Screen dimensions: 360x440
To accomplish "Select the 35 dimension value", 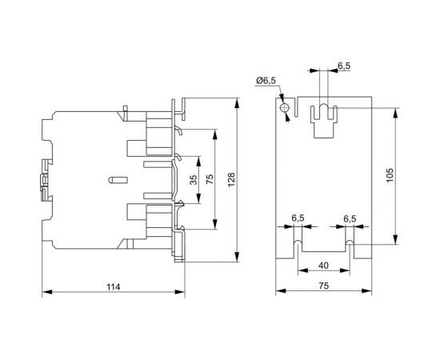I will [x=193, y=180].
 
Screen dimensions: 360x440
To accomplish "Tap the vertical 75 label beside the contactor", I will [x=210, y=180].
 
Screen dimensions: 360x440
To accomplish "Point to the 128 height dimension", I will [x=231, y=181].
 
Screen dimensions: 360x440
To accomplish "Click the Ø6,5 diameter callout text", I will [x=266, y=79].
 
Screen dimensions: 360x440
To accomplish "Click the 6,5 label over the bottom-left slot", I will [x=298, y=218].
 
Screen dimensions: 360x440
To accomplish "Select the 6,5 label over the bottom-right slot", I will [x=350, y=218].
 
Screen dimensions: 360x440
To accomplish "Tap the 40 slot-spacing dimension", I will [x=323, y=266].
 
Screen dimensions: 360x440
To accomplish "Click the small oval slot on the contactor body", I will [x=115, y=180].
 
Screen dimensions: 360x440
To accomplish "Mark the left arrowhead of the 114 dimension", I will [x=45, y=294].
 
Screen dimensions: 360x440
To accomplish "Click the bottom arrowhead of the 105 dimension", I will [x=397, y=243].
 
